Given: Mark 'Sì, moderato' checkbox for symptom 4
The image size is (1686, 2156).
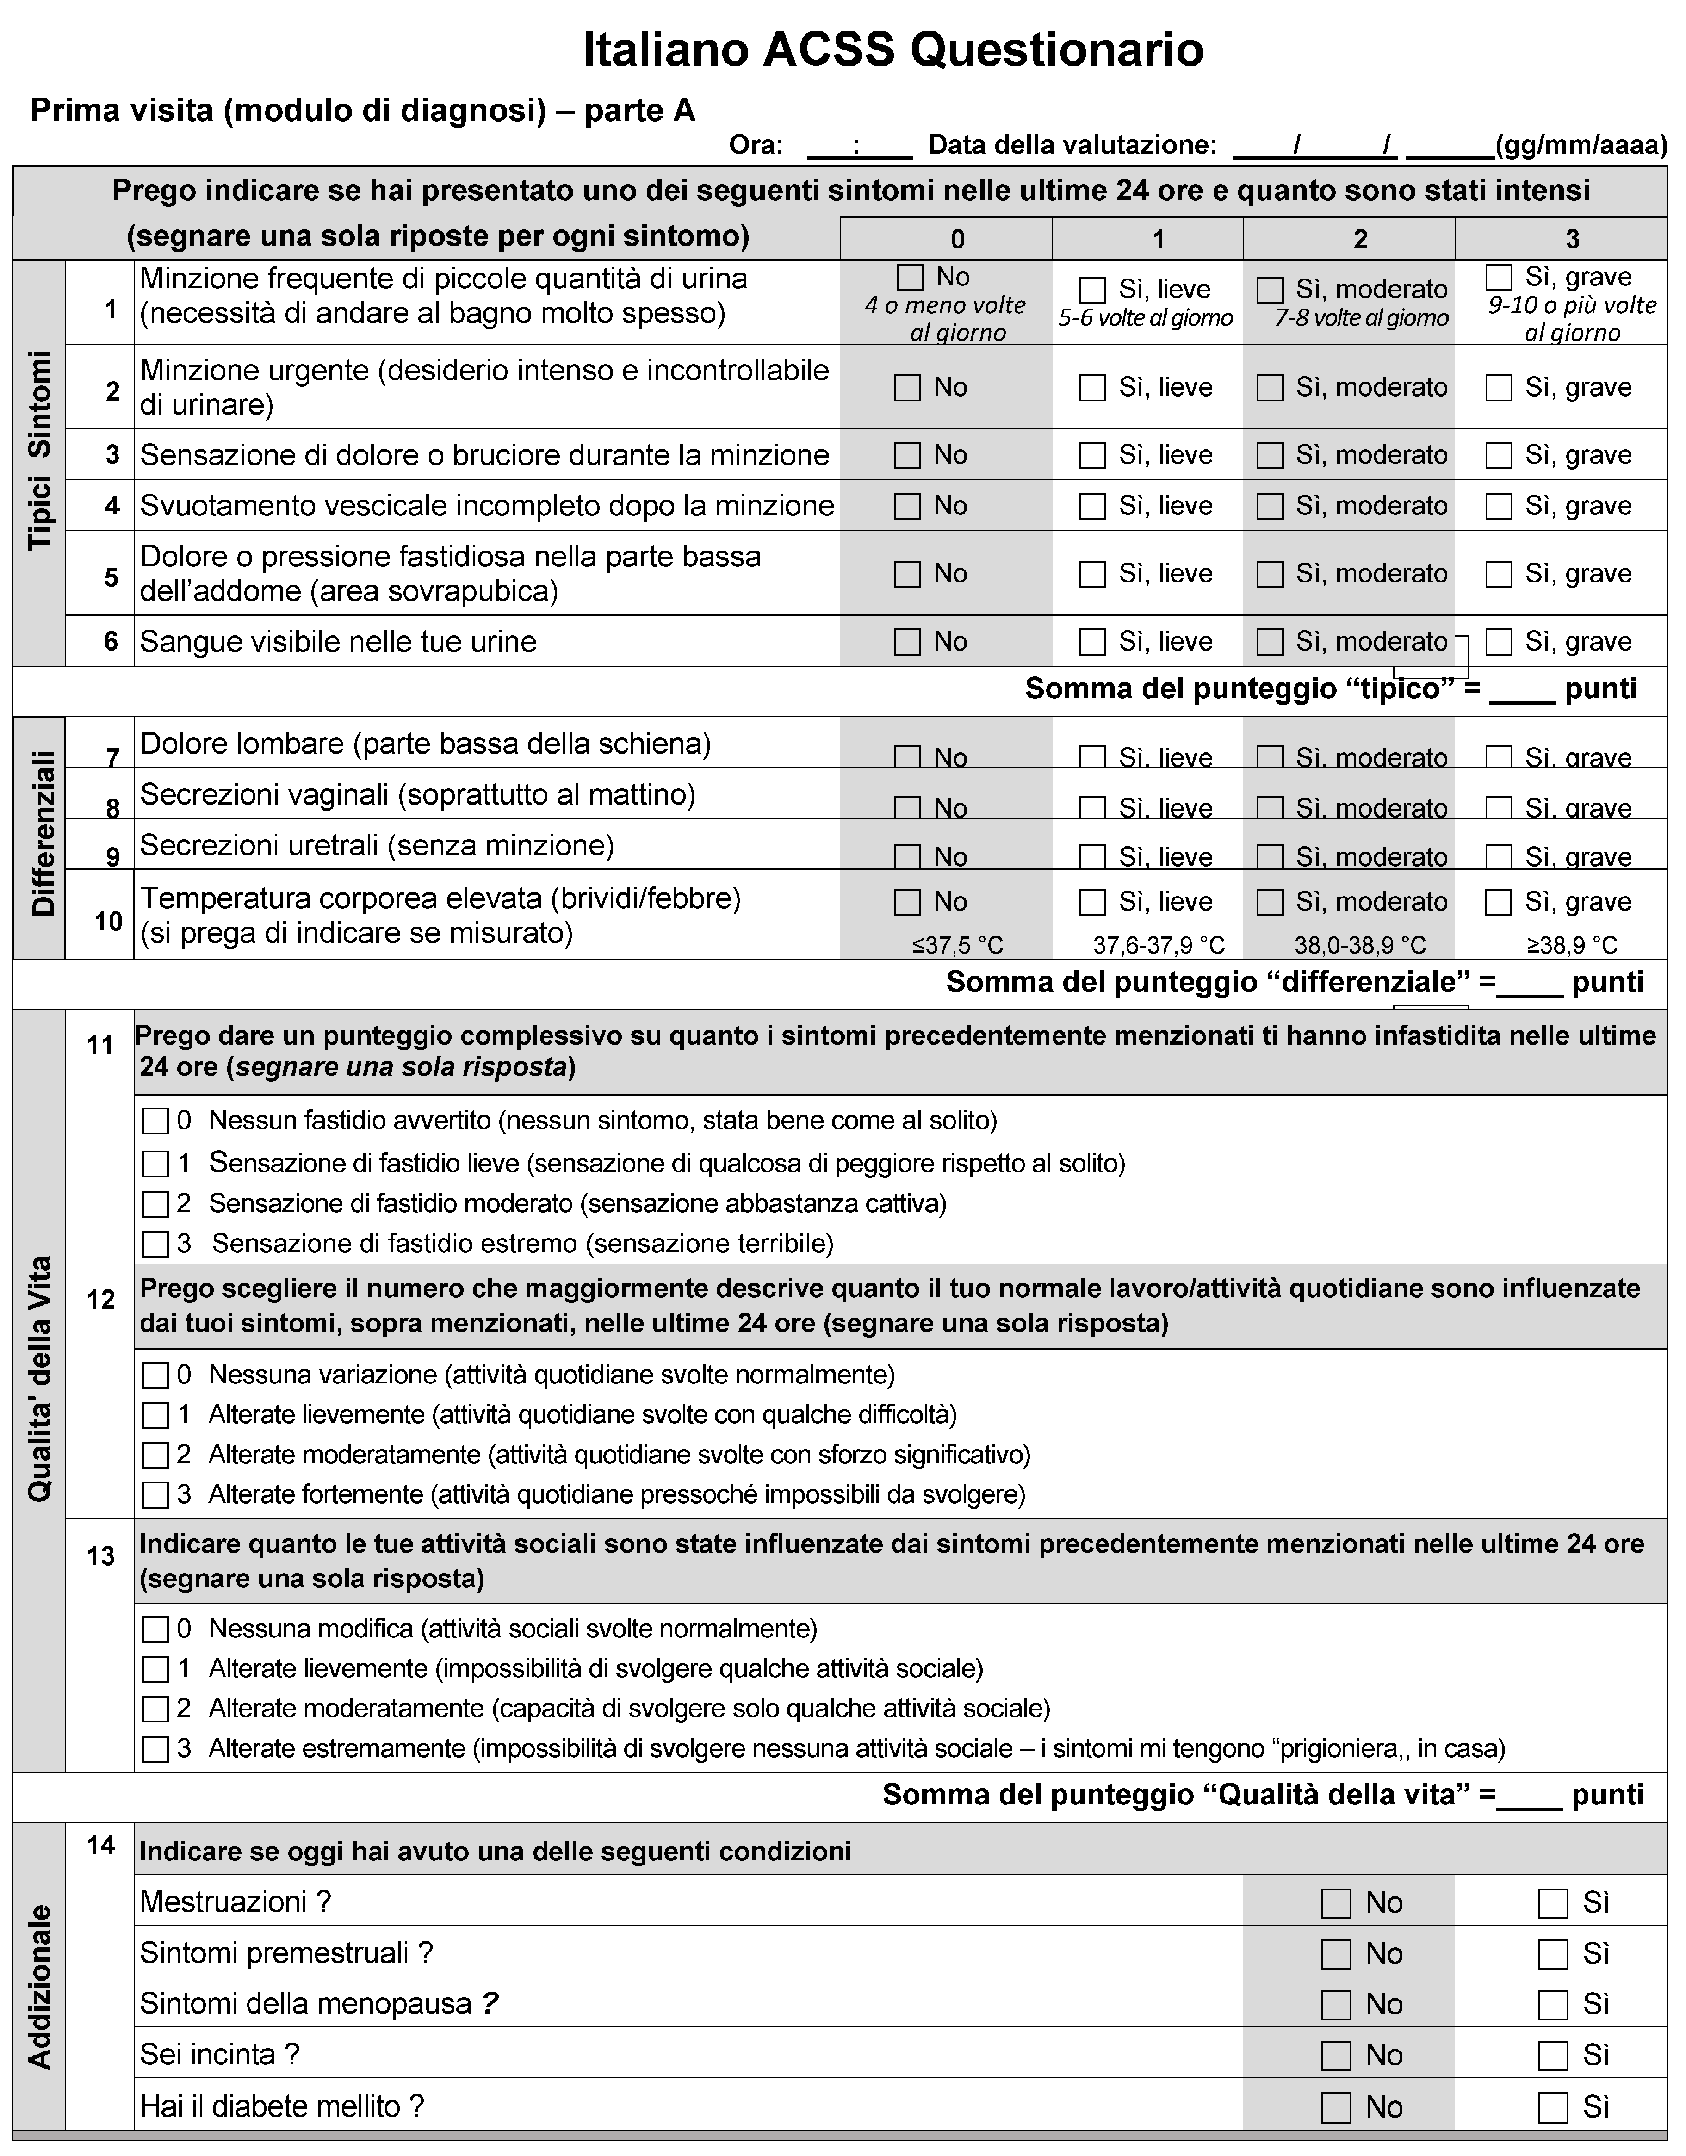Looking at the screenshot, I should (x=1270, y=507).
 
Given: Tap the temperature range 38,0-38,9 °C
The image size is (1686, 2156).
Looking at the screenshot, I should (x=1360, y=946).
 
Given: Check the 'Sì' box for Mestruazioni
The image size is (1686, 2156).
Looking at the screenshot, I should (x=1553, y=1903).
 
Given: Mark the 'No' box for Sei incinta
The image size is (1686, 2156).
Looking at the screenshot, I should (x=1336, y=2055).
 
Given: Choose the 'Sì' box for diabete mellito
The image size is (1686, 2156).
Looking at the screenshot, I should (x=1553, y=2107).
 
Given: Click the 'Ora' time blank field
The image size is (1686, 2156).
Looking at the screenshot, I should (x=859, y=146).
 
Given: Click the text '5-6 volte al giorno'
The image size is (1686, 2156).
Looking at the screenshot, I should (x=1145, y=318).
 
